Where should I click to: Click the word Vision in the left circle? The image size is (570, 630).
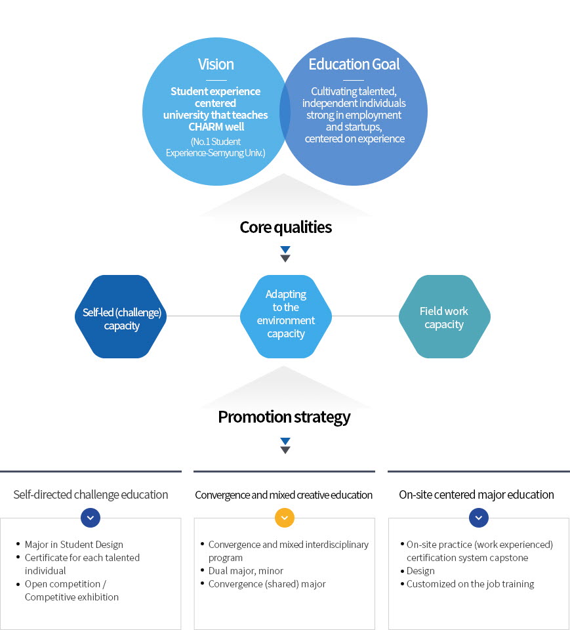coord(216,64)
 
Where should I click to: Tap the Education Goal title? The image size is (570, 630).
coord(354,64)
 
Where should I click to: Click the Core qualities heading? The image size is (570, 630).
coord(285,227)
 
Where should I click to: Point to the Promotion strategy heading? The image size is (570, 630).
coord(284,417)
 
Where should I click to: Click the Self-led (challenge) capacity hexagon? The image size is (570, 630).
coord(121,317)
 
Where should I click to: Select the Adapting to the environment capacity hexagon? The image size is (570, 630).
coord(285,317)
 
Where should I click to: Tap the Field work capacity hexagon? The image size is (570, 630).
coord(444,317)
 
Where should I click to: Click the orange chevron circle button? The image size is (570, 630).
coord(284,518)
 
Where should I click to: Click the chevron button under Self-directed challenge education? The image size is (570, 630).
coord(91,518)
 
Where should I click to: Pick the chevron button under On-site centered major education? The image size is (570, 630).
coord(479,518)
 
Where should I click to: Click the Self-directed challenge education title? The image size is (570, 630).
coord(91,495)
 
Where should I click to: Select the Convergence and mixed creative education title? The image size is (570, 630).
coord(284,495)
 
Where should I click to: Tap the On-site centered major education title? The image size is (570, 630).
coord(476,495)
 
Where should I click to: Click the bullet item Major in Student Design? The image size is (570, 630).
coord(73,545)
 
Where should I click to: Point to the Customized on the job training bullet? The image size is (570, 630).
coord(470,584)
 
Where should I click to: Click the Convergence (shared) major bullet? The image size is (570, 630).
coord(266,584)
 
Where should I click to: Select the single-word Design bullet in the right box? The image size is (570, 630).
coord(420,571)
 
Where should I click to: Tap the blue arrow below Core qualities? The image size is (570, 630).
coord(285,249)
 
